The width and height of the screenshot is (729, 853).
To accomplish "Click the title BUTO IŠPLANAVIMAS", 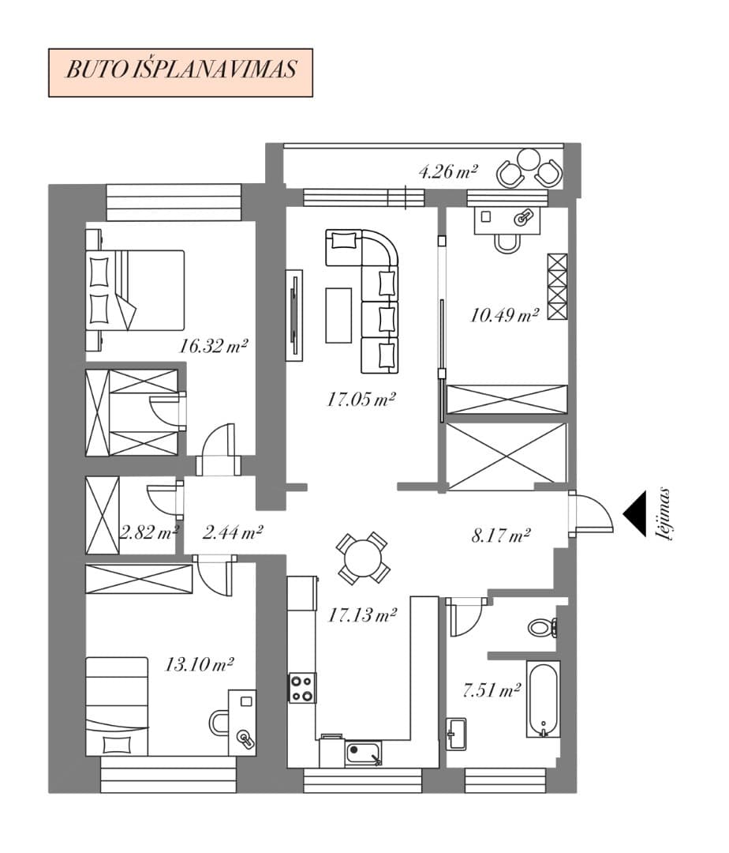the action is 181,70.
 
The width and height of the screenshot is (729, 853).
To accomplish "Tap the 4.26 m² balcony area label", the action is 447,172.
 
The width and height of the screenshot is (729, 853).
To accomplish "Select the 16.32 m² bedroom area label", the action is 214,345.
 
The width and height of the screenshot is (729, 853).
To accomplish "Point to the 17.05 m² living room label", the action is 361,400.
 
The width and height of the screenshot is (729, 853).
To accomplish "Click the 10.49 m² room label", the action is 504,315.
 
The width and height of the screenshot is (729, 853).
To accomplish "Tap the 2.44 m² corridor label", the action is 233,532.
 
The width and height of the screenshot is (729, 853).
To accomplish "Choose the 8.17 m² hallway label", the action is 500,535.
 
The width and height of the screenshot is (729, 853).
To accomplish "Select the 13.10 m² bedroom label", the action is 199,664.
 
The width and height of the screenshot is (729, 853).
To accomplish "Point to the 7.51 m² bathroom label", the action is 491,690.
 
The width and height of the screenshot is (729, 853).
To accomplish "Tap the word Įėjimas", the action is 665,513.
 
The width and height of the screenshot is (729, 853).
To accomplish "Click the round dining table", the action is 363,558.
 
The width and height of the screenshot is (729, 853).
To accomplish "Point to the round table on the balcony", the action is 528,159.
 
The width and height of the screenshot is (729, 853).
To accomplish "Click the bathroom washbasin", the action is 456,734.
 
